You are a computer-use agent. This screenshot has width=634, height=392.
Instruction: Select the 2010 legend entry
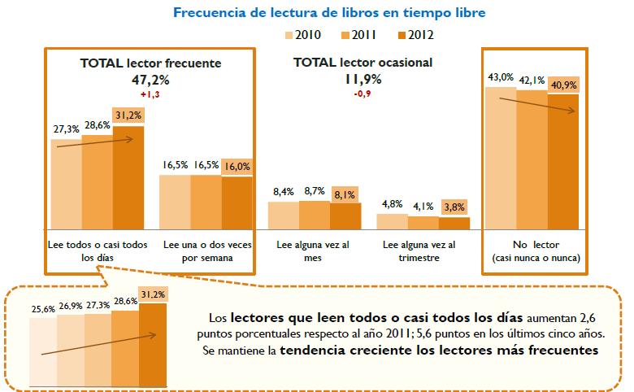point(304,35)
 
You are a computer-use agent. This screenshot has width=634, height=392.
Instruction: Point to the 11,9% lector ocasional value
point(362,80)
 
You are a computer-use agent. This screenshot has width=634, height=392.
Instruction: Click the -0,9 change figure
point(362,94)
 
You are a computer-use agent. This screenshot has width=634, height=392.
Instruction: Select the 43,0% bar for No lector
point(501,155)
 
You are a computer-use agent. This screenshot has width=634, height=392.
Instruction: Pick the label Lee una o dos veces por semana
point(206,250)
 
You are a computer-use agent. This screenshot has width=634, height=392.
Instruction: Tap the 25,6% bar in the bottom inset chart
point(43,345)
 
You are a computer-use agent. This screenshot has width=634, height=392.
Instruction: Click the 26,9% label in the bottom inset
point(71,307)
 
